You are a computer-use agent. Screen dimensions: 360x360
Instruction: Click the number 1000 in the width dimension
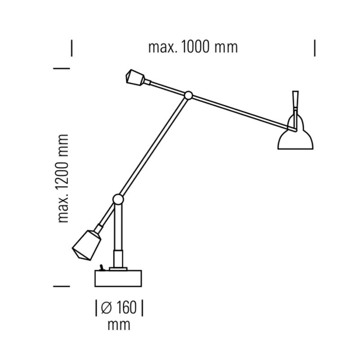pos(197,47)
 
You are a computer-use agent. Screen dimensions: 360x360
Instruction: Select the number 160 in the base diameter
pos(126,308)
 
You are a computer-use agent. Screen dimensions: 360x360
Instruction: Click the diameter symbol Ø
pos(106,308)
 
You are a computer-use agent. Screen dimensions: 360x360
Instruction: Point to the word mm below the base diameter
pos(119,324)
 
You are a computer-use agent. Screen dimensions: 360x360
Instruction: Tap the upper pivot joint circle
pos(189,95)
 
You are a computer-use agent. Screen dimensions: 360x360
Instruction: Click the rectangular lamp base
pos(119,278)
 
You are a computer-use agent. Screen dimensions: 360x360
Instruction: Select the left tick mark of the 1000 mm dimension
pos(72,48)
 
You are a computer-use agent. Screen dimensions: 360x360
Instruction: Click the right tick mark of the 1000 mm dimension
pos(315,48)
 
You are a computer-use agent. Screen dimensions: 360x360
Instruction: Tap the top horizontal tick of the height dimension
pos(62,68)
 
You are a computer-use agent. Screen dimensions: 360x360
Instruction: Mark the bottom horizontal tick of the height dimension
pos(62,286)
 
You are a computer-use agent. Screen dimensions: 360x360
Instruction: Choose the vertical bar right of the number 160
pos(142,308)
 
